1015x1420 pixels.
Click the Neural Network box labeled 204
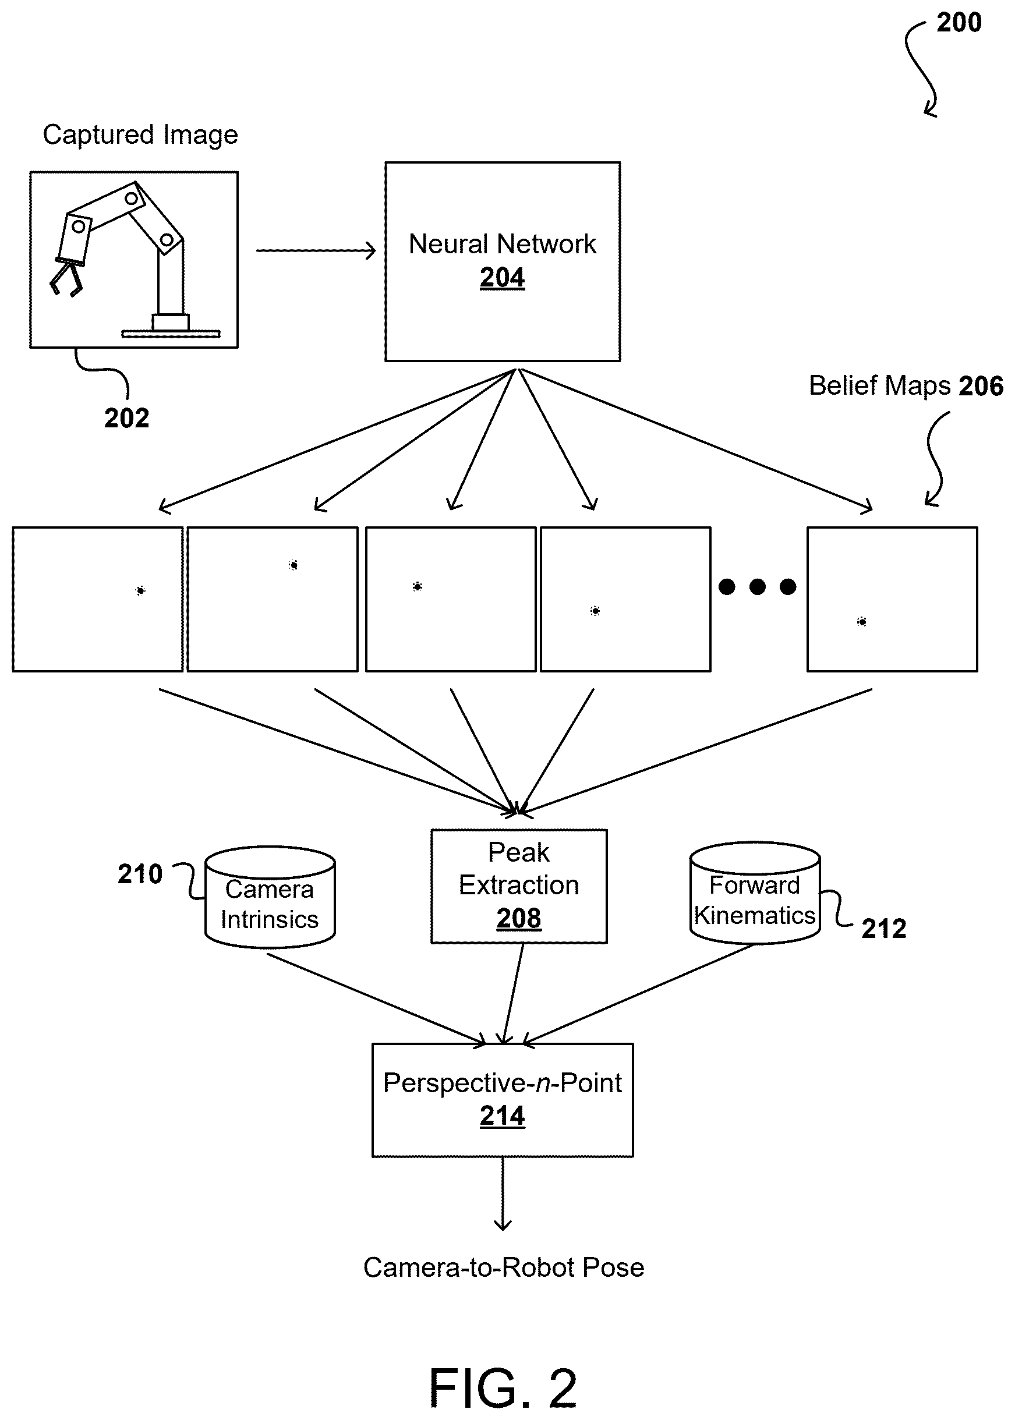coord(503,261)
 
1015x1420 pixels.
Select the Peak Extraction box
coord(519,886)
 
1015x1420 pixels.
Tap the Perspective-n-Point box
coord(503,1100)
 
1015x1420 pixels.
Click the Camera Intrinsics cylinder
coord(270,897)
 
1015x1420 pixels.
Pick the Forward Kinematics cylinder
coord(755,893)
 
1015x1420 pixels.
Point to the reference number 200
coord(959,23)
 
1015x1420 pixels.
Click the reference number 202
coord(127,418)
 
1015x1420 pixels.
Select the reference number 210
coord(140,873)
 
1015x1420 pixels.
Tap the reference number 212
coord(884,929)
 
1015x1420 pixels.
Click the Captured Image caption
coord(140,135)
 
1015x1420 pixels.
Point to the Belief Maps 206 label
coord(906,385)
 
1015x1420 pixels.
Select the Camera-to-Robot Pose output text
coord(503,1267)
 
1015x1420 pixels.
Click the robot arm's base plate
coord(171,334)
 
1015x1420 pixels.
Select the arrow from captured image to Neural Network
coord(316,250)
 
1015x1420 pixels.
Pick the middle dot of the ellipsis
coord(758,587)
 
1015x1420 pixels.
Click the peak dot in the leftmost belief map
coord(140,590)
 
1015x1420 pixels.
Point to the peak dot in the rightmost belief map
coord(862,622)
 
